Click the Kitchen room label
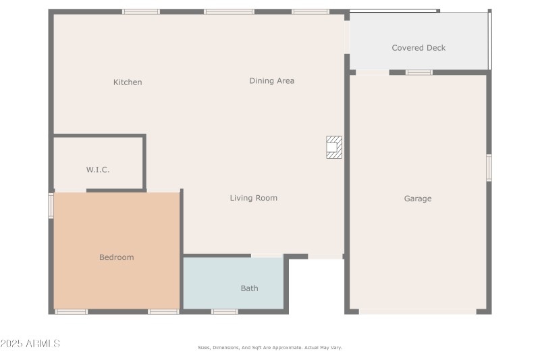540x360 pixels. pos(128,82)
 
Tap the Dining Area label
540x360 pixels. pos(271,81)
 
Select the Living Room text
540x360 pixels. pos(253,198)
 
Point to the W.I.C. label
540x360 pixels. pos(98,170)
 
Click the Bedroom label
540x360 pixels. pos(116,257)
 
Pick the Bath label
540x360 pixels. pos(249,288)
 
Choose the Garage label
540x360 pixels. pos(418,199)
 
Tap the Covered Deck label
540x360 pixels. pos(418,48)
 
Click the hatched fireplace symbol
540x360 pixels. pos(333,147)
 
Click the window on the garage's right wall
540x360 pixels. pos(489,168)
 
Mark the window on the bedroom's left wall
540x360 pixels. pos(51,206)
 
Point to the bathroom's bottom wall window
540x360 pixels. pos(225,311)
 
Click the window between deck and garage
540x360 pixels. pos(419,72)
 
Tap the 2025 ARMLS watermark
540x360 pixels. pos(30,344)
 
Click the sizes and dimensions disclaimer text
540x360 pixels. pos(269,347)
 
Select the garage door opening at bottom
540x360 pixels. pos(417,311)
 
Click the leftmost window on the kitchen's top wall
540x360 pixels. pos(141,11)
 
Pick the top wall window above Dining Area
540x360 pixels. pos(229,11)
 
